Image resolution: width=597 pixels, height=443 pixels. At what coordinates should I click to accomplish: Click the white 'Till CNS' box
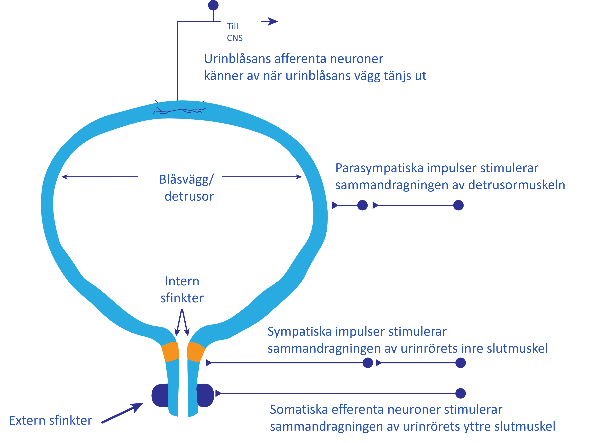point(240,32)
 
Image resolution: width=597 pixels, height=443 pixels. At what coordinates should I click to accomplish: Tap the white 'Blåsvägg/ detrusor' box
point(185,187)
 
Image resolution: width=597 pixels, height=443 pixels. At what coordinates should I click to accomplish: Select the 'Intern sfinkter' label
point(182,290)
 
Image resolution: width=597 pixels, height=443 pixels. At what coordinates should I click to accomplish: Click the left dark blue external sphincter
point(160,395)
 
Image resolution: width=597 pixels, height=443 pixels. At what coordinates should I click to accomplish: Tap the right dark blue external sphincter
point(206,395)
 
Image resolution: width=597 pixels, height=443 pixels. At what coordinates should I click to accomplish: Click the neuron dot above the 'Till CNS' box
point(213,5)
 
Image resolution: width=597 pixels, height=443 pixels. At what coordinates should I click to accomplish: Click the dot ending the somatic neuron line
point(460,393)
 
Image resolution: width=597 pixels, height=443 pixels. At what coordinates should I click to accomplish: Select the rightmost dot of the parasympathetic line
point(458,205)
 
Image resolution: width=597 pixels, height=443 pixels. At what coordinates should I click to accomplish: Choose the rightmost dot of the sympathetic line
point(460,363)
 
